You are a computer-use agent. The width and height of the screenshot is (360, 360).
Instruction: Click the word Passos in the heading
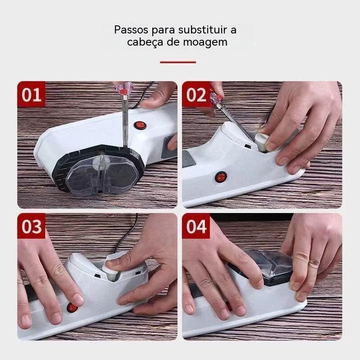pos(131,30)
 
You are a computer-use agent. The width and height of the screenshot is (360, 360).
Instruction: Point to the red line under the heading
pos(178,62)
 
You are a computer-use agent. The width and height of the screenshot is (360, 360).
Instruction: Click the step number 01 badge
pos(31,94)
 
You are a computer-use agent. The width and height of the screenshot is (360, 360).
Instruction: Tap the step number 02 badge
pos(196,94)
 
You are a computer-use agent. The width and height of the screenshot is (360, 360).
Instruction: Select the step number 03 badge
pos(31,226)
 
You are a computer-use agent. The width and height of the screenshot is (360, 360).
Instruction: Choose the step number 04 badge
pos(196,226)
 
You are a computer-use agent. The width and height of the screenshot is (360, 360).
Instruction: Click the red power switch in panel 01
pos(140,125)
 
